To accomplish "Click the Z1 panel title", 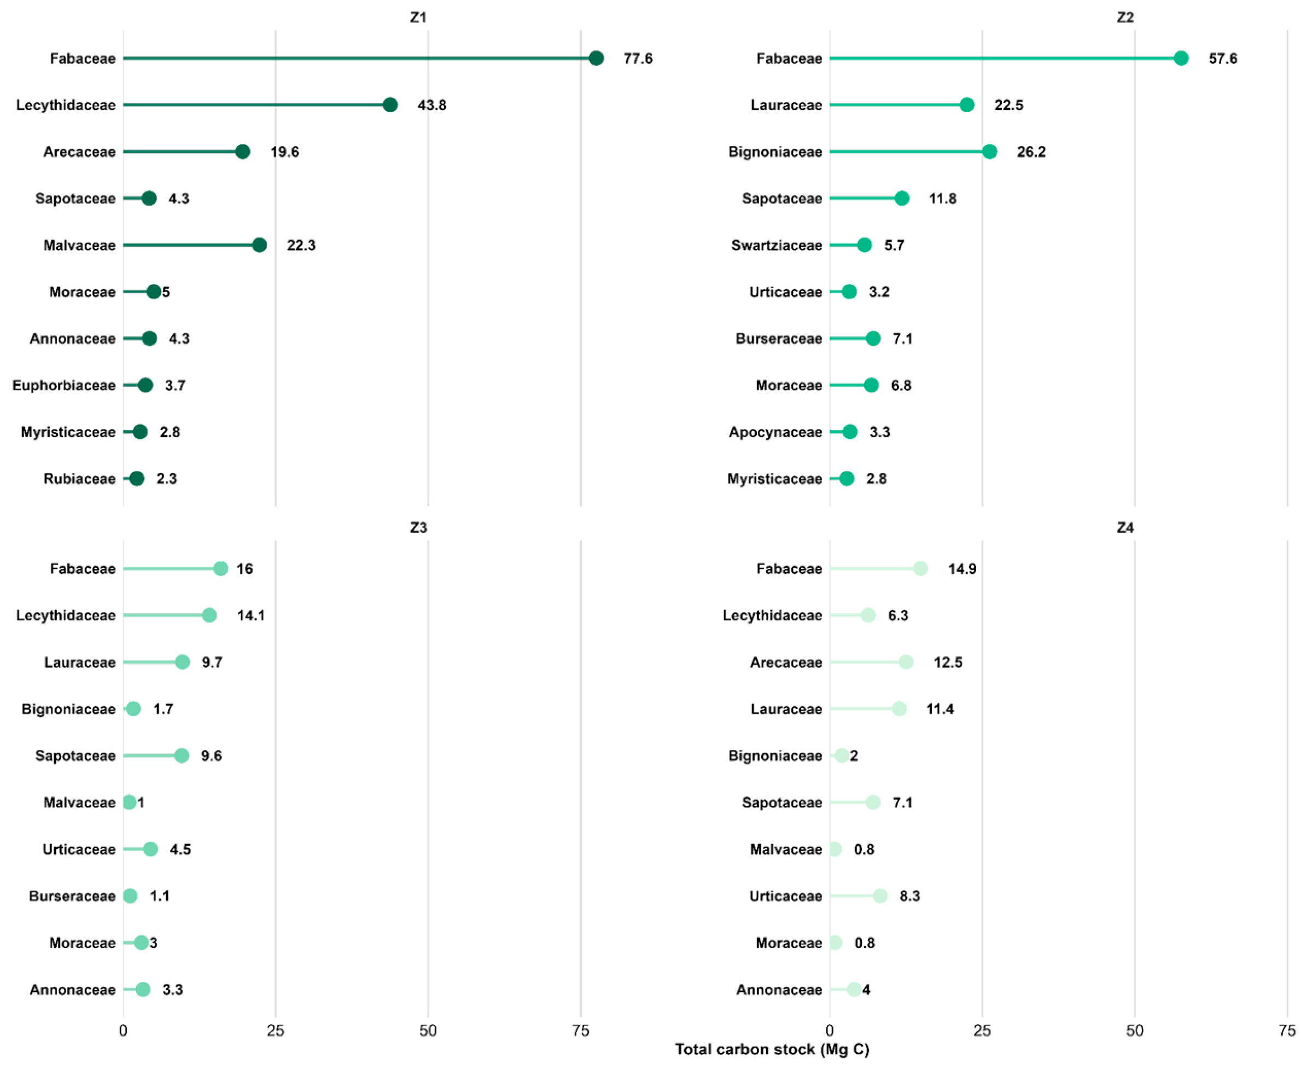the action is pyautogui.click(x=418, y=18).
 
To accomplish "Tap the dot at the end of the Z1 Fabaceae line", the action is pyautogui.click(x=596, y=58).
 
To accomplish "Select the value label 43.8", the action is pyautogui.click(x=432, y=105).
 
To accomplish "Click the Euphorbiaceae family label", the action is pyautogui.click(x=63, y=385).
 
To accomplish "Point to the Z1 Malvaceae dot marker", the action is pyautogui.click(x=259, y=245).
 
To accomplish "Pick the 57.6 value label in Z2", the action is pyautogui.click(x=1222, y=58).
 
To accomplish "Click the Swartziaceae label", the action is pyautogui.click(x=776, y=245).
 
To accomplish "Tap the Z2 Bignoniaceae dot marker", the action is pyautogui.click(x=989, y=152).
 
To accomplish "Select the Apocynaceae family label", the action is pyautogui.click(x=775, y=432).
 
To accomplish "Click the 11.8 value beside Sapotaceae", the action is pyautogui.click(x=942, y=199).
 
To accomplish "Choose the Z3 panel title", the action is pyautogui.click(x=418, y=527).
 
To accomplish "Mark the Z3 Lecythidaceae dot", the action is pyautogui.click(x=209, y=615).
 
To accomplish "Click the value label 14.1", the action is pyautogui.click(x=250, y=615).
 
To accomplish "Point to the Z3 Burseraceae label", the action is pyautogui.click(x=72, y=895).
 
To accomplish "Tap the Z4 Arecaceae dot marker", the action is pyautogui.click(x=906, y=662).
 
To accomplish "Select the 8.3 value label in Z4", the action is pyautogui.click(x=910, y=895).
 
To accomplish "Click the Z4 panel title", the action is pyautogui.click(x=1125, y=527).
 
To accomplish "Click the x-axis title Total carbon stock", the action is pyautogui.click(x=772, y=1049).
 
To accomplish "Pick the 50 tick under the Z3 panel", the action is pyautogui.click(x=428, y=1030).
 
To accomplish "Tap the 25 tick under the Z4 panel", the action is pyautogui.click(x=982, y=1030).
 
